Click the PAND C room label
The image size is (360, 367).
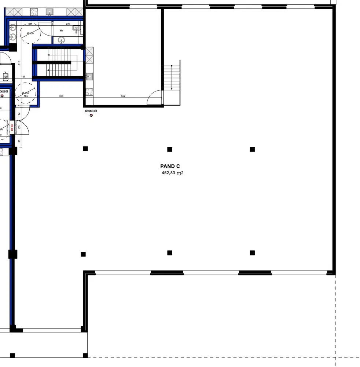(x=170, y=166)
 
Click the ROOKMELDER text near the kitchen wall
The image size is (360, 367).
(x=91, y=110)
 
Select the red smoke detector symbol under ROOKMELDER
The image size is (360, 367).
(x=91, y=116)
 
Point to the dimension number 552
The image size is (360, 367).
(x=123, y=96)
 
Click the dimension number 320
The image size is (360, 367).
(x=61, y=96)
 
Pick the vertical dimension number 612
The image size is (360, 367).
(x=19, y=63)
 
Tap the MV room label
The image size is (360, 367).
(x=62, y=30)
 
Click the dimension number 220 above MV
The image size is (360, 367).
(x=68, y=24)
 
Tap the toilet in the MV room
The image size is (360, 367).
(x=76, y=28)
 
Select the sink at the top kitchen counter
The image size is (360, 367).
(x=49, y=12)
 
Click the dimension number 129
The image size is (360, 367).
(x=23, y=77)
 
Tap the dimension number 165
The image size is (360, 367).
(x=26, y=96)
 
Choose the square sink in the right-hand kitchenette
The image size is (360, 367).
(x=90, y=76)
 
